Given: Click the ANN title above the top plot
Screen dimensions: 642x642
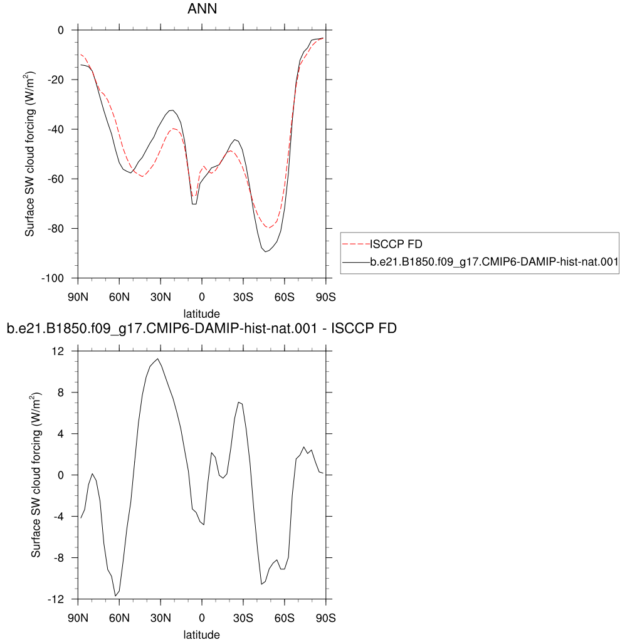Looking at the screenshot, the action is [x=202, y=9].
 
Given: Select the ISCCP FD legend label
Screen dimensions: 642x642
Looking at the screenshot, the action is [x=396, y=244].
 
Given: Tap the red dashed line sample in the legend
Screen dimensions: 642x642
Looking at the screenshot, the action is [x=356, y=244].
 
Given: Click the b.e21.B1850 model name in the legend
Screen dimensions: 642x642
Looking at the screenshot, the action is [x=494, y=261].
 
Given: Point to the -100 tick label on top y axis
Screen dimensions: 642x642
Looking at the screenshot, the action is [x=53, y=278].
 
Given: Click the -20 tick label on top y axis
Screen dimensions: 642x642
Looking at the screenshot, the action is [x=56, y=80].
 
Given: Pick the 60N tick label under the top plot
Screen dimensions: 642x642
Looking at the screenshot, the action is [x=119, y=297].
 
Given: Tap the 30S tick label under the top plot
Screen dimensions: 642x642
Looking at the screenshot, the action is [x=243, y=297].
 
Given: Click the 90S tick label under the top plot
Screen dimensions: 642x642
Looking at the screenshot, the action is [x=325, y=297].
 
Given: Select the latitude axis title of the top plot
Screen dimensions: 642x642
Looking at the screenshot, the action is [x=201, y=313].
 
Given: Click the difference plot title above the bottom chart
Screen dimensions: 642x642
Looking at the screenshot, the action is [x=202, y=329].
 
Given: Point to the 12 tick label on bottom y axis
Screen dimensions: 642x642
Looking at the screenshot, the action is [x=58, y=351].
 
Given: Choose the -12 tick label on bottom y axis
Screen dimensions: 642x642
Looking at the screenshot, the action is [x=56, y=599].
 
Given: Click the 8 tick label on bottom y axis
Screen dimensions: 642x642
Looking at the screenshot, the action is [x=61, y=392].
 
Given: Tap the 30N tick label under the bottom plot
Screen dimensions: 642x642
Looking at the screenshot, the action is [x=160, y=618].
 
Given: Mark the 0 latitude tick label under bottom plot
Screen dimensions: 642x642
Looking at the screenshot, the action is [x=202, y=618].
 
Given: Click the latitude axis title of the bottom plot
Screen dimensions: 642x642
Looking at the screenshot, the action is [x=201, y=634].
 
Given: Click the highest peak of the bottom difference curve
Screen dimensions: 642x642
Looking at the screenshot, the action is [x=157, y=359].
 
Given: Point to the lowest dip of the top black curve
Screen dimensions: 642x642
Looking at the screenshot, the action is [x=265, y=251].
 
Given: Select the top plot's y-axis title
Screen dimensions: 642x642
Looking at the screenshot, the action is [x=29, y=154].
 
